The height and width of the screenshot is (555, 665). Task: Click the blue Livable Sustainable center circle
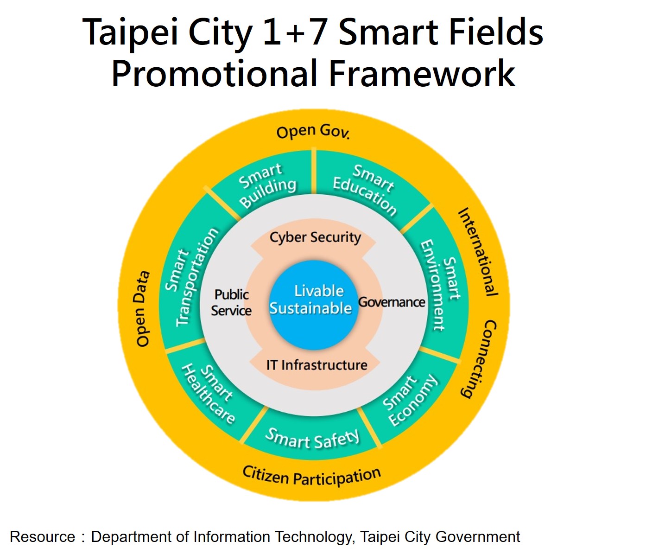314,305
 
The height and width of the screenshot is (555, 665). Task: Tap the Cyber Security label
315,238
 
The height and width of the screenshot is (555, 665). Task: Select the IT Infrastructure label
317,365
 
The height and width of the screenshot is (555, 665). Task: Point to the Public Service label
231,303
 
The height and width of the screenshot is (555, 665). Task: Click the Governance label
392,302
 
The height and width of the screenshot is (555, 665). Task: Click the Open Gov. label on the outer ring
313,132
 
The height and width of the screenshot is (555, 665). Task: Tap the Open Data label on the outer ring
142,308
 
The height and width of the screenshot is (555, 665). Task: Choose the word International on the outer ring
478,252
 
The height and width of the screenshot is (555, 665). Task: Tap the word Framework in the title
422,73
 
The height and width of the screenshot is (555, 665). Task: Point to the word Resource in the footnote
42,536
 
